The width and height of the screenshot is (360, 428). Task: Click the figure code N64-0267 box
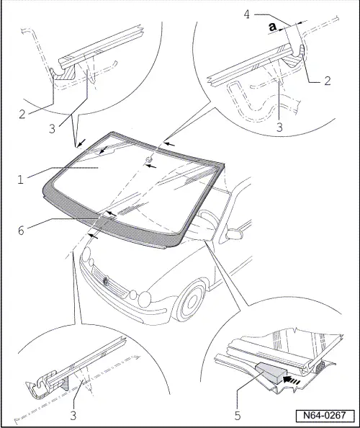click(x=325, y=415)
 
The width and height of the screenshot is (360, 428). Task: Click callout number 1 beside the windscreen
click(x=20, y=180)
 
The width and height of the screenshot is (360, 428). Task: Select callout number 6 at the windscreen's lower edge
click(x=21, y=231)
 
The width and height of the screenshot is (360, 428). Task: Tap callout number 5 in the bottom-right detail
click(x=238, y=416)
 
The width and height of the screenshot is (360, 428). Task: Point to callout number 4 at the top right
click(x=246, y=14)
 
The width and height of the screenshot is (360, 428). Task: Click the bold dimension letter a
click(x=273, y=27)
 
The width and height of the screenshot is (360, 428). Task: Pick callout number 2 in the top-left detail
click(x=22, y=115)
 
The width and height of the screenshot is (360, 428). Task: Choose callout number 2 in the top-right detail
click(x=328, y=81)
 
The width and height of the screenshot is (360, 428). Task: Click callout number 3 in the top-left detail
click(x=52, y=129)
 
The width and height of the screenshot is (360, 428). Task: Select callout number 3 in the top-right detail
click(x=279, y=128)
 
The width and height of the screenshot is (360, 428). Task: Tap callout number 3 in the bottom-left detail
click(x=73, y=416)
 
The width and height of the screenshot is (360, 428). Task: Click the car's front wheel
click(x=192, y=301)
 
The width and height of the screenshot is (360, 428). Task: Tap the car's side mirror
click(x=234, y=234)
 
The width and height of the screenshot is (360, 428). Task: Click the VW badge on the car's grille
click(x=106, y=280)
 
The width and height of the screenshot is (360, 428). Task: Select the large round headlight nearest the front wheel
click(x=145, y=299)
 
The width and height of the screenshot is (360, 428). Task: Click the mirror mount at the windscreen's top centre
click(x=149, y=159)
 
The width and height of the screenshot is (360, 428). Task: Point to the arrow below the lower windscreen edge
click(x=93, y=236)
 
